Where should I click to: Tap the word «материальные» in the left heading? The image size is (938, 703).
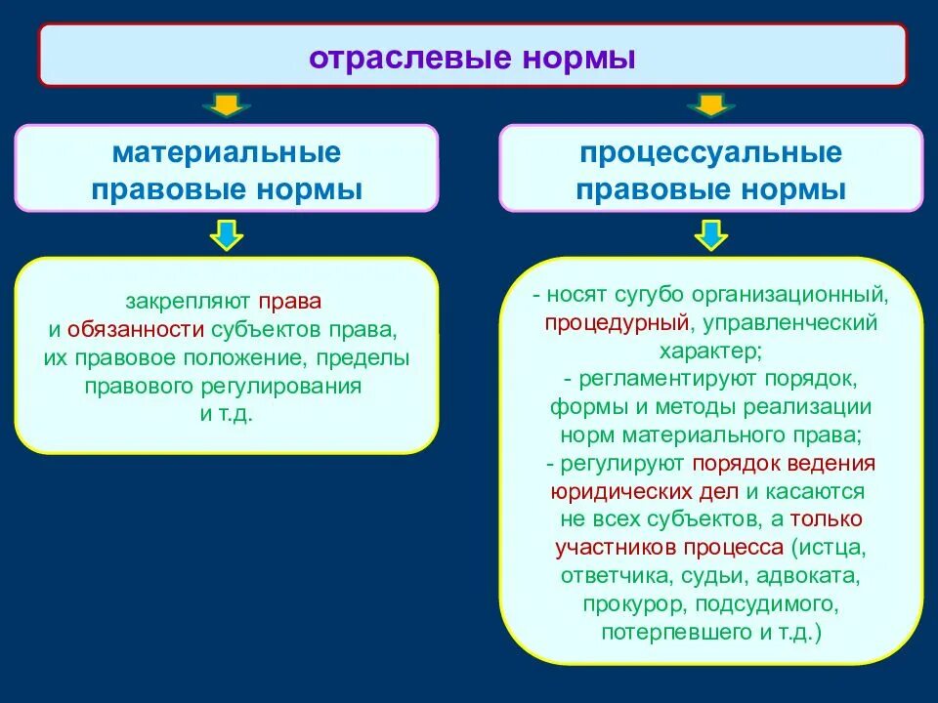[226, 153]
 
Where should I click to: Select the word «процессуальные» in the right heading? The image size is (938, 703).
[710, 153]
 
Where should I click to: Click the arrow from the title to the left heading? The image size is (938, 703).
[226, 103]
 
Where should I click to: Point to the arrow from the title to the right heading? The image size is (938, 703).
[710, 103]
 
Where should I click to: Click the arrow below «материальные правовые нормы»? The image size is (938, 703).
[226, 234]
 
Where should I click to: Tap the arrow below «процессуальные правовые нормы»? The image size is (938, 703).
[710, 234]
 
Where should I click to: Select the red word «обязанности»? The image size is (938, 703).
[136, 330]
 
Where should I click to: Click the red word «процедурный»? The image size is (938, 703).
[618, 321]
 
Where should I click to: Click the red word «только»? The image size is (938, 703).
[827, 518]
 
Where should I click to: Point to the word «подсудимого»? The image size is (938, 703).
[772, 603]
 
